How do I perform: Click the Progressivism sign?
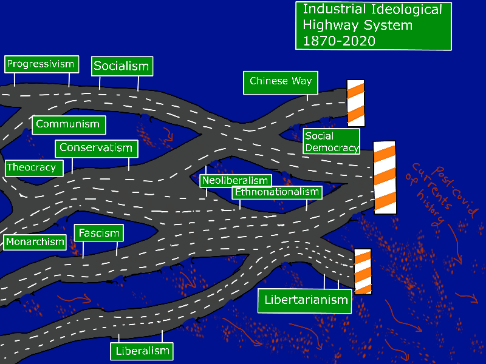(41, 64)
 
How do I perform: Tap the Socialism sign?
(122, 66)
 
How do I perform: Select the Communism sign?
(67, 124)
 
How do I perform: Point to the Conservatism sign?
(96, 148)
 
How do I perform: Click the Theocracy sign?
(32, 167)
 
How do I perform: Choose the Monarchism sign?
(35, 242)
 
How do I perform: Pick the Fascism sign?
(99, 232)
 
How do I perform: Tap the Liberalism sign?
(142, 351)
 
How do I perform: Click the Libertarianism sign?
(305, 300)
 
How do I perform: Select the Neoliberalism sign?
(235, 181)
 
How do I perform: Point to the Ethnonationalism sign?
(277, 192)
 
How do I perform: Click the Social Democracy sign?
(332, 142)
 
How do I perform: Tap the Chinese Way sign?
(280, 82)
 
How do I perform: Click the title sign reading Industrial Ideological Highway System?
(372, 25)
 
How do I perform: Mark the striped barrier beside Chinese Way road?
(355, 103)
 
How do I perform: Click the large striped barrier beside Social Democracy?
(385, 177)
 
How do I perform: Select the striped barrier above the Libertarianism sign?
(363, 271)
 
